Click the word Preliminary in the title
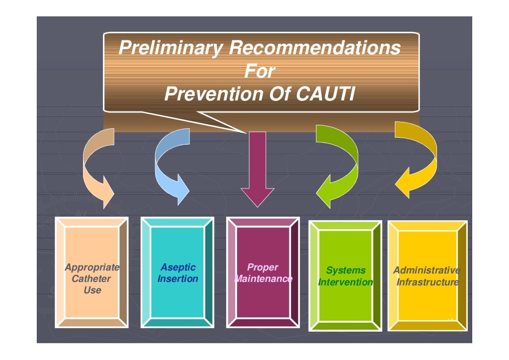pos(170,49)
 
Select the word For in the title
pos(259,72)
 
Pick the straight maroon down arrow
pos(257,169)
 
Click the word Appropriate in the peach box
pos(92,268)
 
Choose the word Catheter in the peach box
pos(91,278)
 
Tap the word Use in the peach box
pos(92,290)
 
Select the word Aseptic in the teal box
pos(178,268)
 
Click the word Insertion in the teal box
pos(178,278)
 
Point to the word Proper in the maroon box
pos(263,268)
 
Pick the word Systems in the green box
pos(345,270)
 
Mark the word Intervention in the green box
pos(345,282)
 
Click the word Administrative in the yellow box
pos(426,270)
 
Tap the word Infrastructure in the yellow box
pos(427,282)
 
